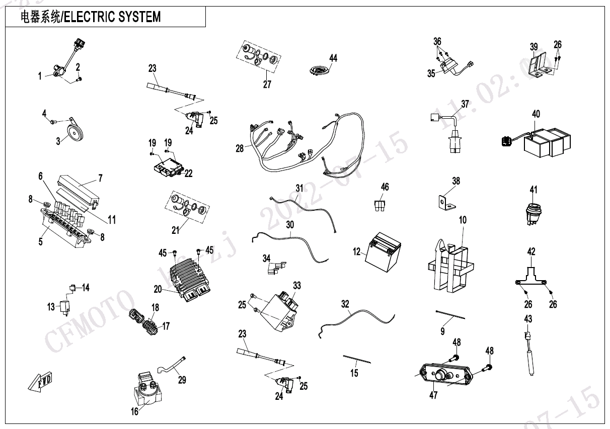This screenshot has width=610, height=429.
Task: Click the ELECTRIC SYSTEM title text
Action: point(91,17)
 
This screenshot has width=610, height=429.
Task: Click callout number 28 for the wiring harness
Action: point(240,148)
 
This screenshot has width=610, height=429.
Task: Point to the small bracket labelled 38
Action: point(446,201)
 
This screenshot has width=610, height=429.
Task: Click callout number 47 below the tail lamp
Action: point(433,395)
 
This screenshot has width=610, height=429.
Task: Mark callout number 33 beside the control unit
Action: point(297,286)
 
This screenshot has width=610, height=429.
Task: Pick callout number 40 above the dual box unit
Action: point(536,115)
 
